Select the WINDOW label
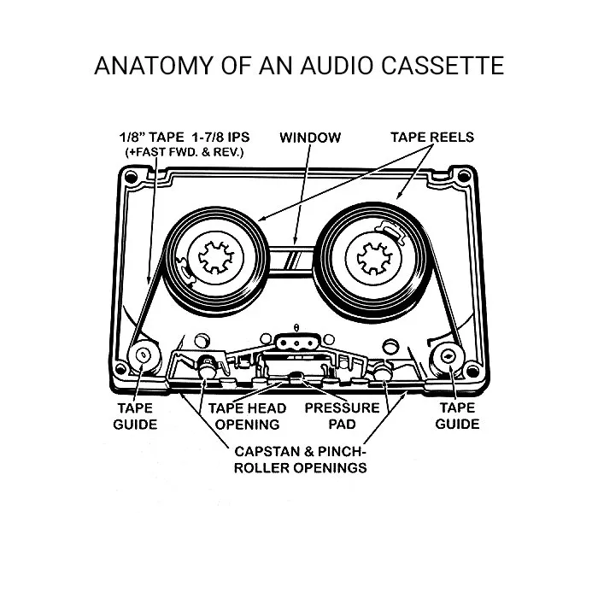point(309,137)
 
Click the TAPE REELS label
point(431,137)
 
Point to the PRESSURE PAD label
point(342,415)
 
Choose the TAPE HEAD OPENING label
point(248,415)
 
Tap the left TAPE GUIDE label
point(135,415)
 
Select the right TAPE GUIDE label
point(457,415)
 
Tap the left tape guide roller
point(141,355)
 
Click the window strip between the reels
point(290,255)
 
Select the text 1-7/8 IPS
point(216,137)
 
